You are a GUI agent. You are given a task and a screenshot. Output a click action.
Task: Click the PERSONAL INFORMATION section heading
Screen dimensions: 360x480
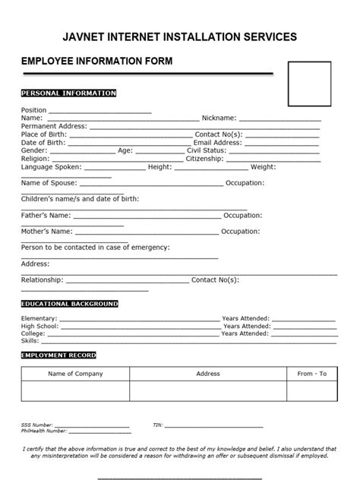coord(68,93)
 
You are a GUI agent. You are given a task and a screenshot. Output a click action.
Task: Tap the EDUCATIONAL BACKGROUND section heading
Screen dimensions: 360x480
coord(69,304)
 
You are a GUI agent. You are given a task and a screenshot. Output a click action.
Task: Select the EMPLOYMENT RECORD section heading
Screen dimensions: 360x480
coord(58,355)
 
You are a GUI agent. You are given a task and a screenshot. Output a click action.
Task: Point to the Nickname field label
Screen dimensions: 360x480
coord(219,118)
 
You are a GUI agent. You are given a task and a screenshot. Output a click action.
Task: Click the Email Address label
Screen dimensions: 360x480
coord(217,142)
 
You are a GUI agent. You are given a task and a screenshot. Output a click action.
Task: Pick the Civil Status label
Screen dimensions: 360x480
coord(207,150)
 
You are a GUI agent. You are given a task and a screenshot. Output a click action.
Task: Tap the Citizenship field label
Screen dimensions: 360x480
coord(208,159)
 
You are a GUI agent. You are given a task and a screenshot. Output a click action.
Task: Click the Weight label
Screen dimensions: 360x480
coord(263,167)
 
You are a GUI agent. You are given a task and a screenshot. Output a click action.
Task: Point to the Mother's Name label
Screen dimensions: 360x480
coord(46,231)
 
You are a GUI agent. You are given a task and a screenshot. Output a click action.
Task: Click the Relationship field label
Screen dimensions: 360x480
coord(42,279)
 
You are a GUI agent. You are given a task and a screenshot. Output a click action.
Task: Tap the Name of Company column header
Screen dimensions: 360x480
coord(75,374)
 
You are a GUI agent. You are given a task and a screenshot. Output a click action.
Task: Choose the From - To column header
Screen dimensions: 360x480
coord(311,374)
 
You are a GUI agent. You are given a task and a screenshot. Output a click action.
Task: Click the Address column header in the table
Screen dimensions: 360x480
coord(208,374)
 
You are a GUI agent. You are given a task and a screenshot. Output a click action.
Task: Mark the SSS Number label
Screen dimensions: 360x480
coord(37,426)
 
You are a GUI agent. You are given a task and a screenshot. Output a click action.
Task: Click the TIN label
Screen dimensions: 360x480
coord(157,426)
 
